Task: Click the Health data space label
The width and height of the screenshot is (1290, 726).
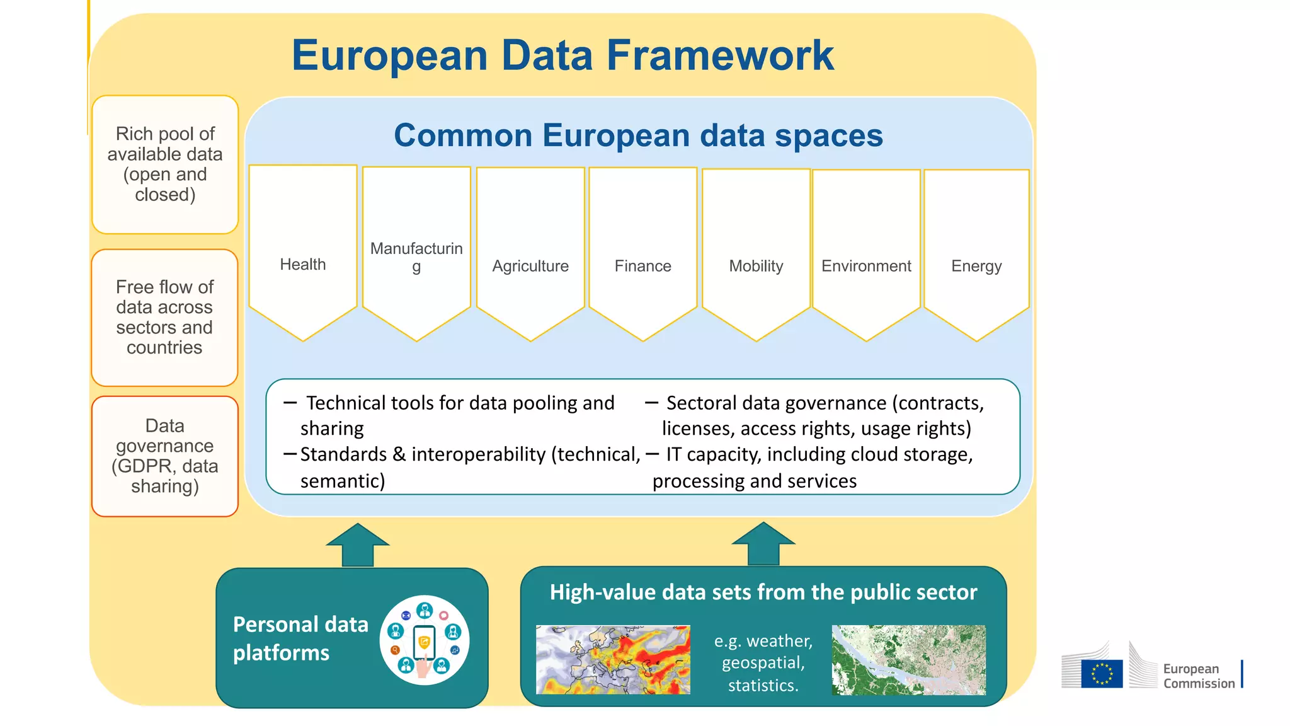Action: (303, 265)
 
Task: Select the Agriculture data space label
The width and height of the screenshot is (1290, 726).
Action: (530, 267)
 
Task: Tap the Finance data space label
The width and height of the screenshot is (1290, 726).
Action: (642, 267)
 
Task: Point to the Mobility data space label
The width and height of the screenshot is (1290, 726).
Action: (756, 267)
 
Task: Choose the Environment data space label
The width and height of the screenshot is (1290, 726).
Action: (866, 267)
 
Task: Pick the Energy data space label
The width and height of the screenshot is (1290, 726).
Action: (976, 267)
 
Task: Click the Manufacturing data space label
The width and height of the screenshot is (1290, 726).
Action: (416, 256)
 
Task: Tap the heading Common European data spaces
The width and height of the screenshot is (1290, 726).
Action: (638, 135)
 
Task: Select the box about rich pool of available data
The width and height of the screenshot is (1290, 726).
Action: (165, 164)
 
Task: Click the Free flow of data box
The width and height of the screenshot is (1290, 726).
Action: (164, 318)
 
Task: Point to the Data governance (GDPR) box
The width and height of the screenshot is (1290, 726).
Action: (165, 456)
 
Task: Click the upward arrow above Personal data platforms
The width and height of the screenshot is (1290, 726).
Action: (358, 545)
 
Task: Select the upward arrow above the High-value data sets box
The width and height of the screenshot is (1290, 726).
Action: (763, 544)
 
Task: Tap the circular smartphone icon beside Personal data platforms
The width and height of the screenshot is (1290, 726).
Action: (425, 640)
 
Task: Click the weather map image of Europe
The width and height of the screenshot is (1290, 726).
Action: (613, 660)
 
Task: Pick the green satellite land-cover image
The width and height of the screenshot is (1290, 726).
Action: (908, 660)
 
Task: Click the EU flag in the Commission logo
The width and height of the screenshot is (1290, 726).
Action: (1102, 673)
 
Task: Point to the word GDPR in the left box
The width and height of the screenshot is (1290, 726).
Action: (141, 466)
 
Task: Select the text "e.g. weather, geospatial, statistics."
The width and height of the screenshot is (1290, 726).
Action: (763, 663)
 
